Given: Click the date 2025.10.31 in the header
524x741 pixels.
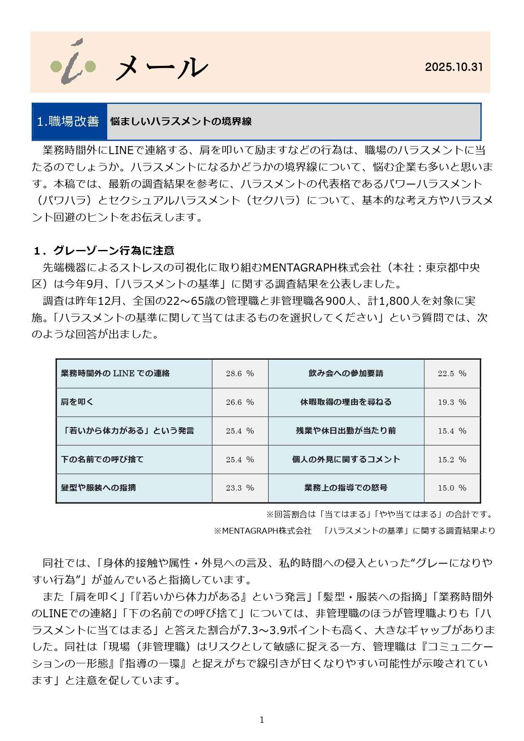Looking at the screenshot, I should (453, 67).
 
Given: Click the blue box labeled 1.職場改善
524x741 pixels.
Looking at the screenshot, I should (69, 122).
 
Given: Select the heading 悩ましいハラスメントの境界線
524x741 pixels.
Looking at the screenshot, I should (181, 122).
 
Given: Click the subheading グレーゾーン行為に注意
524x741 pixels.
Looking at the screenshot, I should (114, 251).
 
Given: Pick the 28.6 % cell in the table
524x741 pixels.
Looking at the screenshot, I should (240, 374).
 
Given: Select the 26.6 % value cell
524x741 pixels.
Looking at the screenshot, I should (240, 402).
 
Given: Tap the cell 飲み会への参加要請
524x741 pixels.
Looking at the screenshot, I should (346, 374).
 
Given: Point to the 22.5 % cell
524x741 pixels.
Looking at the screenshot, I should (452, 374).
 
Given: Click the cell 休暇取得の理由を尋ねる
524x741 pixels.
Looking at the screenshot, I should (346, 402).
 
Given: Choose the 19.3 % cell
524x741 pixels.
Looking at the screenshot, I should (452, 402).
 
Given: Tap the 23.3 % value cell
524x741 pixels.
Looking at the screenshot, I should (240, 488).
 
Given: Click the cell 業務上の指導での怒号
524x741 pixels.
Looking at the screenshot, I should (346, 488).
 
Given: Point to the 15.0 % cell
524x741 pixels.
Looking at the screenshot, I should (452, 488).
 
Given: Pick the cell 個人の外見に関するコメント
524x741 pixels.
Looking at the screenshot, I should (346, 459).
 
